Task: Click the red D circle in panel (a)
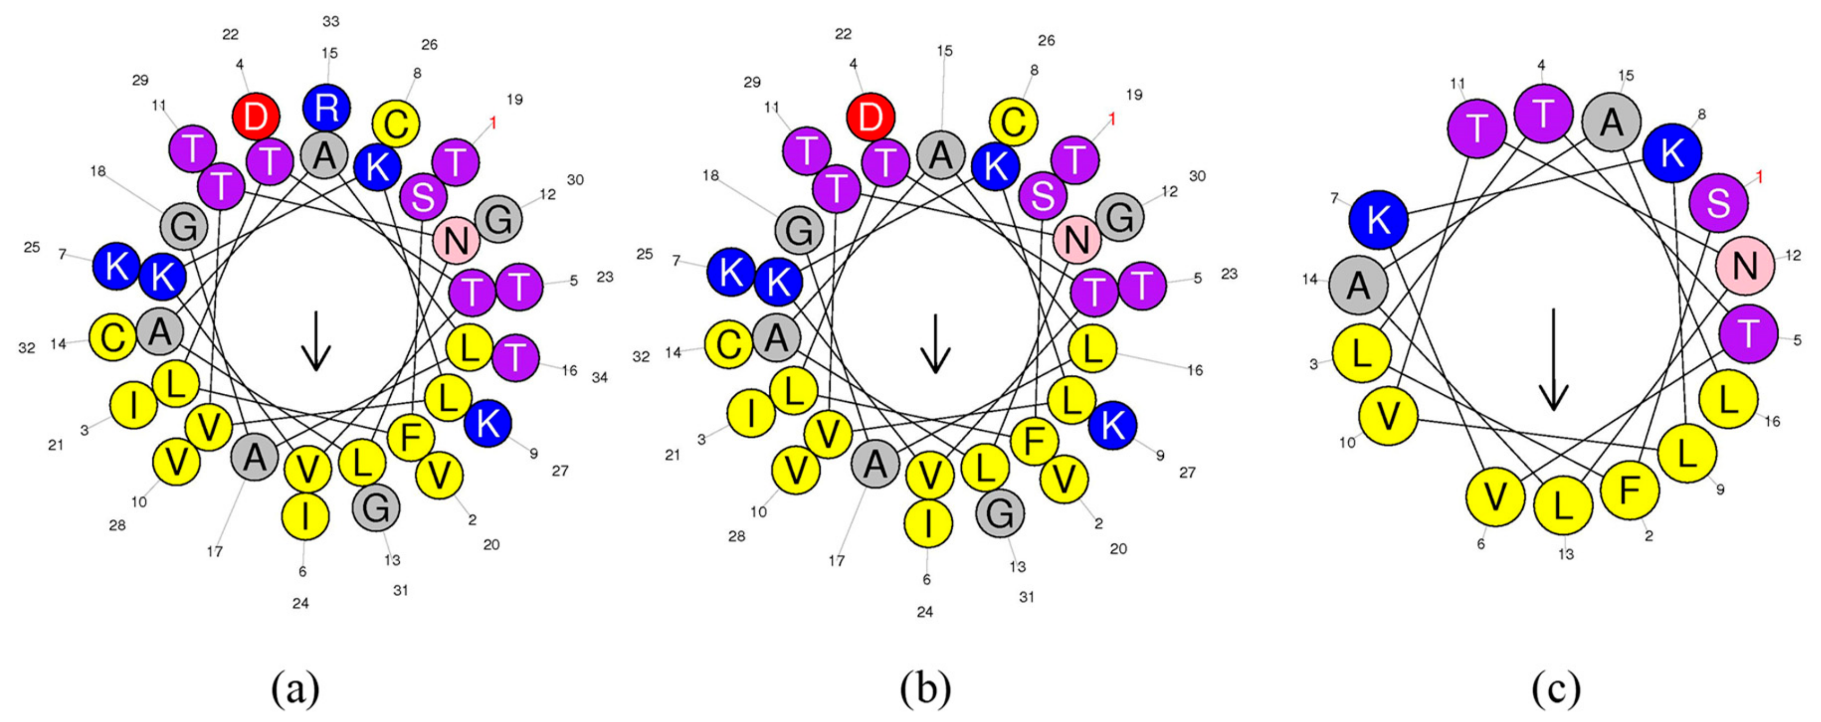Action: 256,116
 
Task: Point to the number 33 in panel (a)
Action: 331,22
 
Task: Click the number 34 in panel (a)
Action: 600,378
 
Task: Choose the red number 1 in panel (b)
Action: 1111,119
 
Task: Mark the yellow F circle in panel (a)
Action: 410,437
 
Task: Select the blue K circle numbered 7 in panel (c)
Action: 1378,220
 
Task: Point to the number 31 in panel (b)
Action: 1026,597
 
